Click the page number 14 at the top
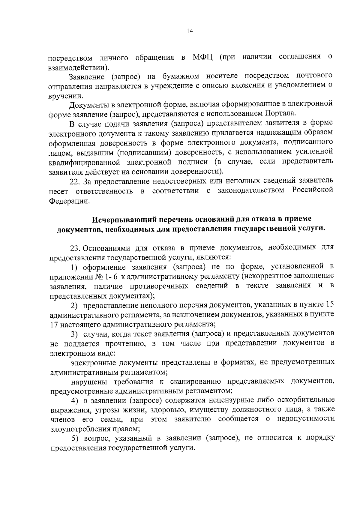coord(189,31)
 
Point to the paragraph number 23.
coord(75,248)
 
